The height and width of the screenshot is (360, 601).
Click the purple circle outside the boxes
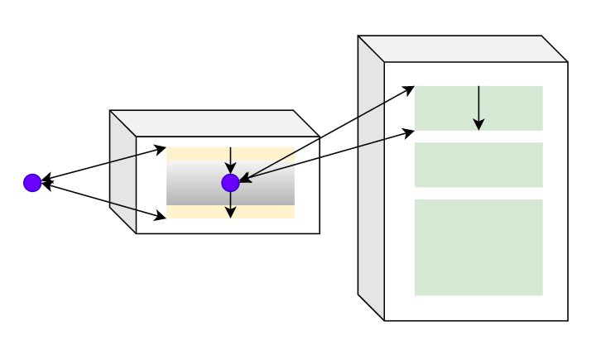[32, 183]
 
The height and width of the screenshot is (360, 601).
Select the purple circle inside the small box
[230, 183]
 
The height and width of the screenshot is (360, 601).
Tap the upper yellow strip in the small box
[265, 153]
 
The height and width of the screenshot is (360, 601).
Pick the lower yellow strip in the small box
[265, 212]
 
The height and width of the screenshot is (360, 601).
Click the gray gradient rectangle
[265, 183]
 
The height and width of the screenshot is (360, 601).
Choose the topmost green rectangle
[513, 108]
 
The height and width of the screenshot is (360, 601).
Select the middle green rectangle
[478, 165]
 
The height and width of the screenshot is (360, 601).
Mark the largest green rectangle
[478, 247]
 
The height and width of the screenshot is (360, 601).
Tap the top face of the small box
[214, 123]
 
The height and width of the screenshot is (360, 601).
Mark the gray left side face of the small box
[123, 172]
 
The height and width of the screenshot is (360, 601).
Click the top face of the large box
[463, 49]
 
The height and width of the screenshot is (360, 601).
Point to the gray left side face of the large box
[371, 178]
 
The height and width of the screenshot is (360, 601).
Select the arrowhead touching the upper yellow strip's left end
[161, 150]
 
